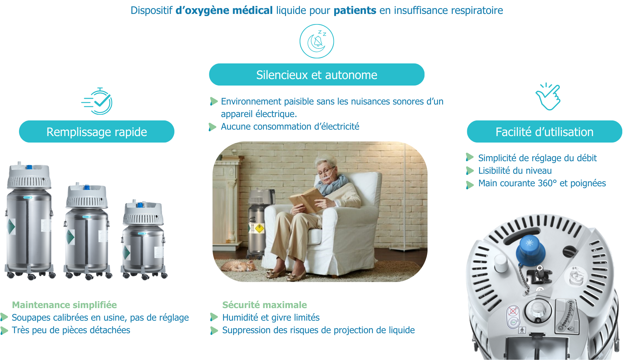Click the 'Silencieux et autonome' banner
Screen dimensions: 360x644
tap(317, 75)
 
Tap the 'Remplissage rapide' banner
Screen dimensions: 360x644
tap(97, 132)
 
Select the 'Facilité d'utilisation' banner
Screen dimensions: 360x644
tap(544, 132)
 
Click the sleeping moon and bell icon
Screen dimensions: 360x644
tap(317, 41)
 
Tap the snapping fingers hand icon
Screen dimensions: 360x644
tap(548, 97)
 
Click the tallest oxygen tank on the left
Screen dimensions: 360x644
tap(30, 221)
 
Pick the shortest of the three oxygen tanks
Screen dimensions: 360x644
tap(144, 239)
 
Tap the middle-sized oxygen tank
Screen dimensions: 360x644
tap(87, 231)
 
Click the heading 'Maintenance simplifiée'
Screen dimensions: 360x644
tap(64, 305)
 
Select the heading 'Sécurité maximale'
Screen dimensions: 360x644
tap(265, 305)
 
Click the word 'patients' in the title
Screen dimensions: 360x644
tap(355, 11)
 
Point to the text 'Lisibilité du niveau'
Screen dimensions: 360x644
tap(515, 171)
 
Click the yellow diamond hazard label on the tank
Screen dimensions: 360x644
tap(259, 228)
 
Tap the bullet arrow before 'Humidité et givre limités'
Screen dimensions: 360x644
tap(214, 317)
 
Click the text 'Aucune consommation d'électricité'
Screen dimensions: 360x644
tap(290, 127)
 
